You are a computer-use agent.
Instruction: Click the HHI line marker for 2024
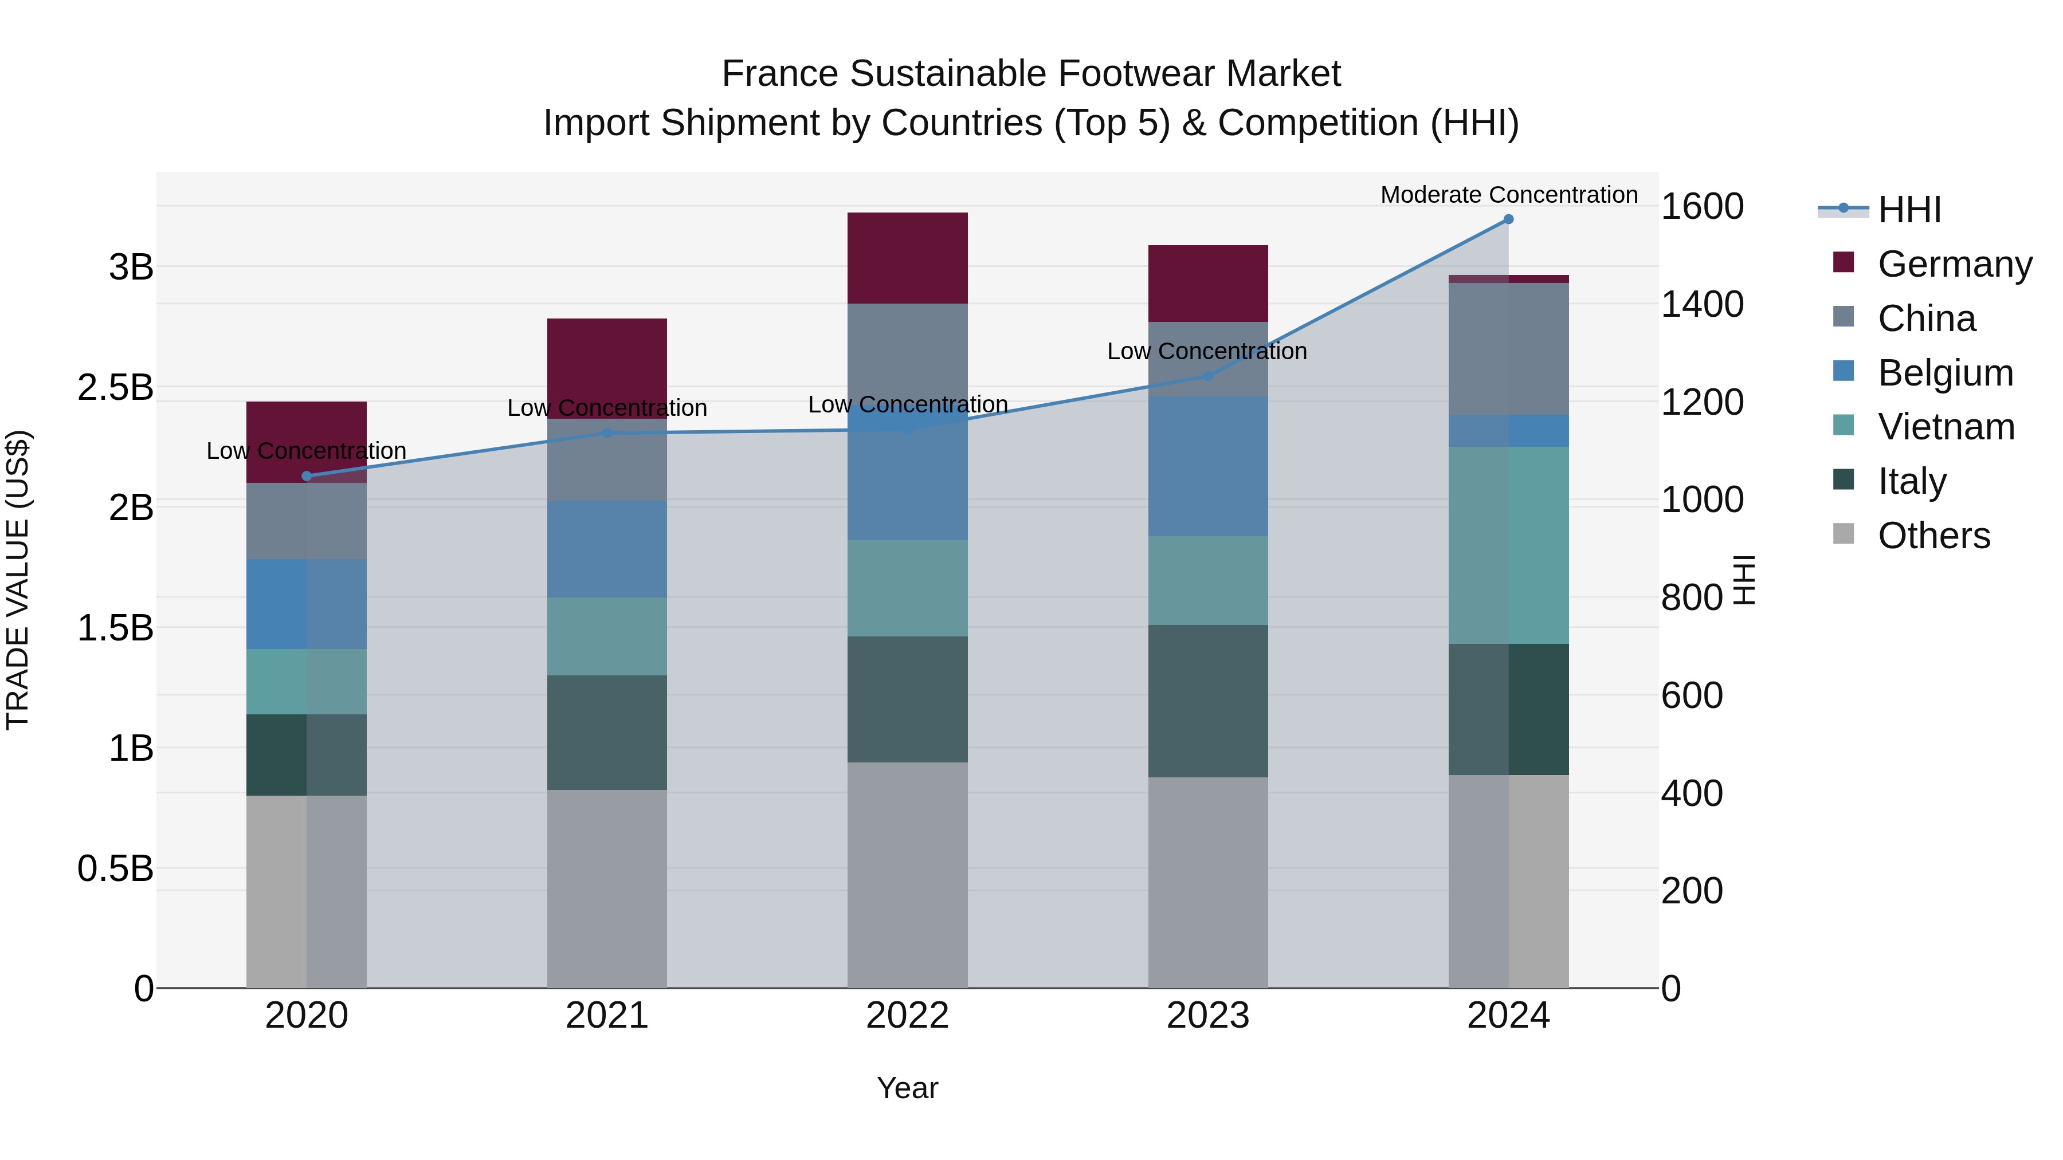(1508, 219)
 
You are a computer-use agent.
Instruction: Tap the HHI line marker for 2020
(307, 477)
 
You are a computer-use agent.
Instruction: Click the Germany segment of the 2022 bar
(907, 258)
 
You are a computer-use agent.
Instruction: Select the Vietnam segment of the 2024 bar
(1508, 545)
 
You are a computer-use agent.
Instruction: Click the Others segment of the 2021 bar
(607, 888)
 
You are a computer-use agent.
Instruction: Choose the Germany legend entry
(1954, 264)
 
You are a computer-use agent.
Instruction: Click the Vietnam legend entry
(1946, 427)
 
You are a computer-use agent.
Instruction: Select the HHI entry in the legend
(1909, 210)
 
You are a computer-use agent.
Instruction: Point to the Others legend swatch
(1844, 534)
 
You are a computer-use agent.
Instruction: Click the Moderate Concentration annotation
(1509, 195)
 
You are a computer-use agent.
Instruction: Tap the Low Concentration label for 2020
(307, 451)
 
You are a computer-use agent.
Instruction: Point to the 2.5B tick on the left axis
(115, 387)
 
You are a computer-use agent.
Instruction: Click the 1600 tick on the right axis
(1702, 207)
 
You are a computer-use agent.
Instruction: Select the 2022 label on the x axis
(907, 1016)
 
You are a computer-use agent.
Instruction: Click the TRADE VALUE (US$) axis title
(18, 580)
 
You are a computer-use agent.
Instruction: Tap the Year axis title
(907, 1088)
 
